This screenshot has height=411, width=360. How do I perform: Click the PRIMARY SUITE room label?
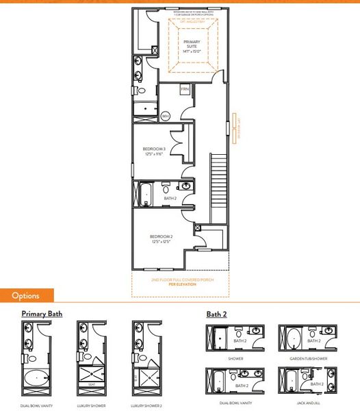click(190, 46)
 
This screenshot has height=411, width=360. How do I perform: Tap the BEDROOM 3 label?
click(156, 151)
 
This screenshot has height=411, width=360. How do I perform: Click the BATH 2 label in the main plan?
click(170, 199)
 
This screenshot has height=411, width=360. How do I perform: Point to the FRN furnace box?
click(185, 90)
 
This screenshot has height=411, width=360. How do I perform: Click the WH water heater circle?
click(165, 116)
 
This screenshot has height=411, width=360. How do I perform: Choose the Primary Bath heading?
click(42, 314)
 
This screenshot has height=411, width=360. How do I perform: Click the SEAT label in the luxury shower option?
click(91, 384)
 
